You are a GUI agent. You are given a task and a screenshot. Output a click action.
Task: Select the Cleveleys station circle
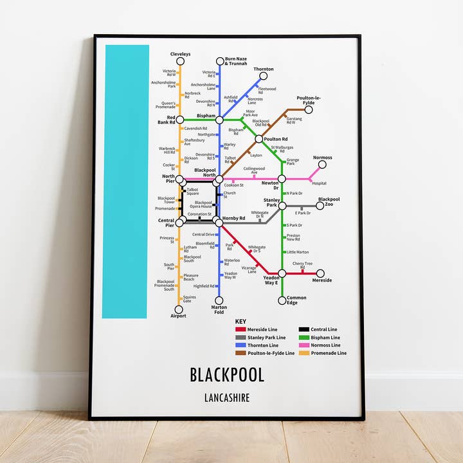point(181,62)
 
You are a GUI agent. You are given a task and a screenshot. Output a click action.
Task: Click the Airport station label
point(178,316)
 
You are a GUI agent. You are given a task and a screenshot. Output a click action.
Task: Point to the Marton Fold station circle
point(219,300)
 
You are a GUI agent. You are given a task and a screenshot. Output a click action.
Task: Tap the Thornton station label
point(264,69)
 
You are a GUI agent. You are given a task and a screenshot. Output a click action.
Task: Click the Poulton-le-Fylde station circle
point(308,109)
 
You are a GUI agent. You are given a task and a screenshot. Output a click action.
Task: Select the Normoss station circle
point(322,165)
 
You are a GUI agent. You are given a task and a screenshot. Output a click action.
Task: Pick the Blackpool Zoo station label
point(329,202)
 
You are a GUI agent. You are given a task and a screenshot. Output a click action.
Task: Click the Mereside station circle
point(320,273)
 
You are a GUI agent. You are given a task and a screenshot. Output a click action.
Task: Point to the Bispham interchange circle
point(219,120)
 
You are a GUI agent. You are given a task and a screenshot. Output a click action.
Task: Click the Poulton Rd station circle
point(259,139)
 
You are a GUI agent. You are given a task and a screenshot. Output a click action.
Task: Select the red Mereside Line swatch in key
point(241,330)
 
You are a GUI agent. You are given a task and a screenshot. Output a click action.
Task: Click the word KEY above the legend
point(241,322)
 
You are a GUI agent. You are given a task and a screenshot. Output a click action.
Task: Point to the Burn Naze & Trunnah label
point(236,62)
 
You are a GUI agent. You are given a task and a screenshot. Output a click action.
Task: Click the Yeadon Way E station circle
point(282,273)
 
